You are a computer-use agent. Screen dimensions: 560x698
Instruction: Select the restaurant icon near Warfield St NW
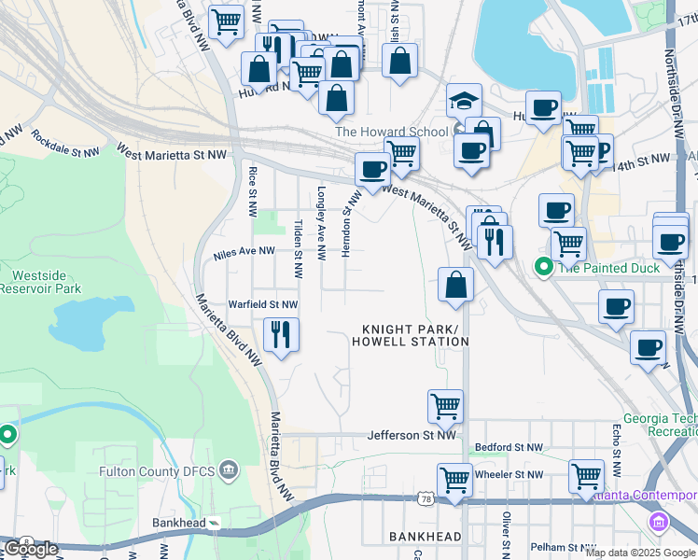tap(281, 333)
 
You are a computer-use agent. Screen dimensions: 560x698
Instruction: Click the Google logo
tap(31, 549)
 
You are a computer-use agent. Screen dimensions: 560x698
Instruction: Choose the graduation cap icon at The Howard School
tap(463, 101)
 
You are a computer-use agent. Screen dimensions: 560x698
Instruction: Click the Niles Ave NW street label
tap(244, 251)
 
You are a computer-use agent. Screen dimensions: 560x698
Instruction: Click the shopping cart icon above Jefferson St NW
tap(446, 406)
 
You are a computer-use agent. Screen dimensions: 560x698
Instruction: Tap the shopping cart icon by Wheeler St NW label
tap(454, 480)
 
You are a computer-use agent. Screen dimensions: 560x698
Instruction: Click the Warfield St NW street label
tap(263, 304)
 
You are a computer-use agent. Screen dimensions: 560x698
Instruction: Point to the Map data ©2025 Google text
tap(641, 552)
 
